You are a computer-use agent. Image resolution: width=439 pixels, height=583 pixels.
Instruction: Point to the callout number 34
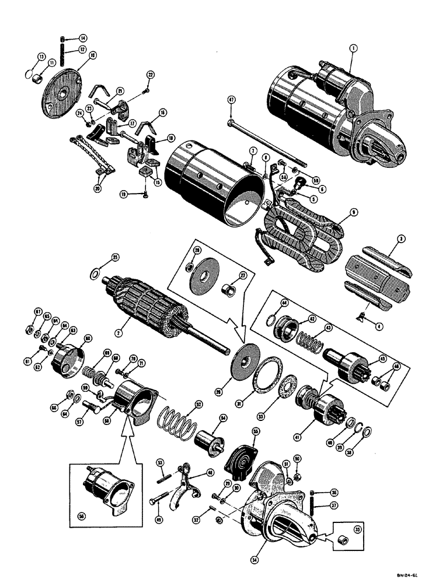pyautogui.click(x=254, y=561)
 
